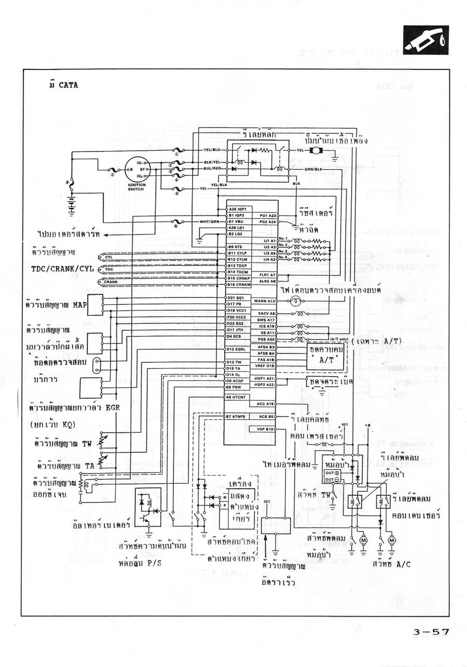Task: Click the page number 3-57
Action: pos(431,632)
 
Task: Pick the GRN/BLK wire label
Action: pos(313,169)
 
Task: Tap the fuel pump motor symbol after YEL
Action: pos(314,151)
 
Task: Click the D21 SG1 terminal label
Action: pos(236,297)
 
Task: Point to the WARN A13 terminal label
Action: pos(264,301)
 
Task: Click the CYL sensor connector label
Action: pos(109,256)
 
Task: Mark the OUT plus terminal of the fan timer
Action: pos(332,473)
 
